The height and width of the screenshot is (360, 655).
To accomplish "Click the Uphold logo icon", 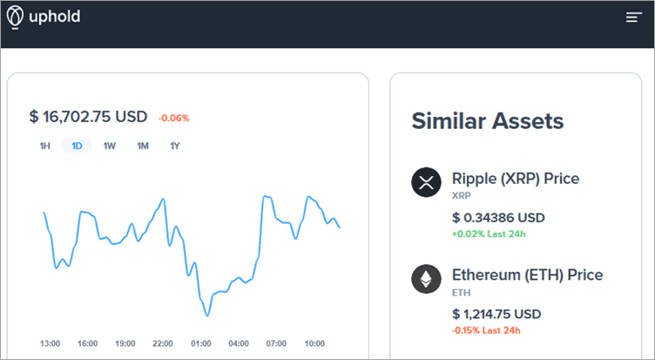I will pos(14,16).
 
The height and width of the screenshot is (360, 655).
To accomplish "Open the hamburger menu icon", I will pos(633,17).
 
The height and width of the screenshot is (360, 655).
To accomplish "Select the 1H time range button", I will pos(44,146).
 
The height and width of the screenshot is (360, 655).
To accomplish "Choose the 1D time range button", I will pos(77,146).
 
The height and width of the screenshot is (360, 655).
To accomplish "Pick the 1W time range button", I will pos(110,146).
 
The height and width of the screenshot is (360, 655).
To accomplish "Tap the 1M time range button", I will pos(143,146).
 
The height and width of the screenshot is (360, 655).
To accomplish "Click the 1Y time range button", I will pos(175,146).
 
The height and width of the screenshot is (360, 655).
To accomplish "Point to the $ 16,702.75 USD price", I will pos(88,117).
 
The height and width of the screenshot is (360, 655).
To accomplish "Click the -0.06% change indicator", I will pos(173,118).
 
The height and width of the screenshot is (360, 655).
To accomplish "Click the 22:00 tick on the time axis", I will pos(163,343).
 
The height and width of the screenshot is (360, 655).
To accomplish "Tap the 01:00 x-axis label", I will pos(200,343).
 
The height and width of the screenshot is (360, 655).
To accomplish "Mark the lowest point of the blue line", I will pos(206,315).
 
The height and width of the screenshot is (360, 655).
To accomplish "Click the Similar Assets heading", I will pos(487,121).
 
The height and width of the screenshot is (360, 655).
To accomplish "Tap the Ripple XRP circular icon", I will pos(426,183).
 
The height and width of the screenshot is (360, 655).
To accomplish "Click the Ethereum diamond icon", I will pos(426,280).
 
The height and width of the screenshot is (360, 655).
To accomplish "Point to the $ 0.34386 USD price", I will pos(497,217).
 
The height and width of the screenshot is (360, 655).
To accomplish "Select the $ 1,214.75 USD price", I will pos(496,314).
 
